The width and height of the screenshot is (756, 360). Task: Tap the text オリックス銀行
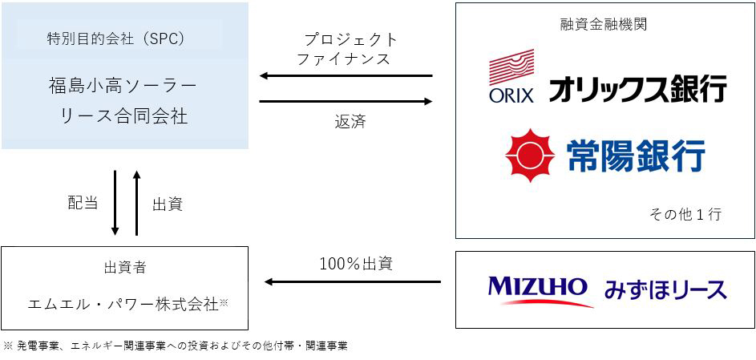637,88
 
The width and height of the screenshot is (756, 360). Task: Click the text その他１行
686,214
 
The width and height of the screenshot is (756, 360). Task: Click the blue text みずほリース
668,289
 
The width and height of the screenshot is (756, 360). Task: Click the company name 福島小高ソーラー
123,83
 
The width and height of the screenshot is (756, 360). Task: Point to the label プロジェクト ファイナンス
344,49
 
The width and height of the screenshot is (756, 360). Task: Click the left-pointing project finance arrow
346,77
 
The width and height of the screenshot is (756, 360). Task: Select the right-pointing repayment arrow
346,102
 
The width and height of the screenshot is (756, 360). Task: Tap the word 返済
350,123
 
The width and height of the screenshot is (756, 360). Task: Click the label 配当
83,203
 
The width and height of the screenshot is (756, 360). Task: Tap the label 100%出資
356,262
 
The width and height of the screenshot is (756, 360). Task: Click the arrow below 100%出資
353,282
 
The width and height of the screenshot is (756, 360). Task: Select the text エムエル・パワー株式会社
123,305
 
